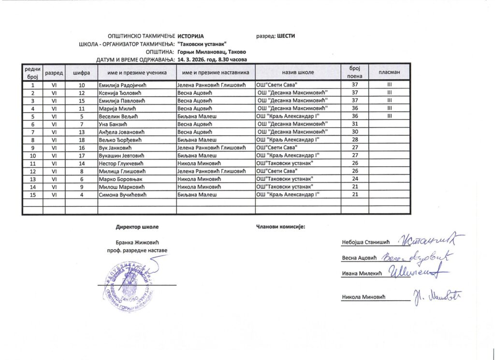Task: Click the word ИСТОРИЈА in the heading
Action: click(x=191, y=36)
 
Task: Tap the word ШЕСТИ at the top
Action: click(x=286, y=36)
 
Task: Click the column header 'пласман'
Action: click(x=389, y=72)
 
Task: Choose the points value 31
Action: click(x=355, y=124)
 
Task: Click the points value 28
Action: click(x=355, y=140)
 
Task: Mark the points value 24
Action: click(x=355, y=179)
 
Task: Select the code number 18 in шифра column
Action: click(x=81, y=140)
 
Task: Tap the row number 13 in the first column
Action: click(x=32, y=179)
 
